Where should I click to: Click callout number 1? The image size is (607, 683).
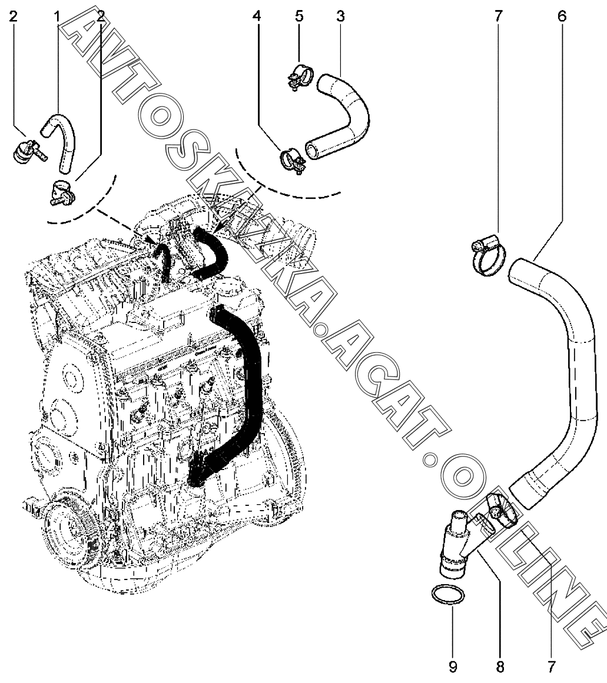point(58,16)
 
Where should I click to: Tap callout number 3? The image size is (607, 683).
point(340,16)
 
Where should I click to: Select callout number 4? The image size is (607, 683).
point(256,16)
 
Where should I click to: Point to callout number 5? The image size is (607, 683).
point(299,16)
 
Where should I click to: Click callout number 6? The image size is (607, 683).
point(561,16)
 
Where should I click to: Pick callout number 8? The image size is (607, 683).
point(500,667)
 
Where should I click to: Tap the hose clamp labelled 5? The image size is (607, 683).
point(300,78)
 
